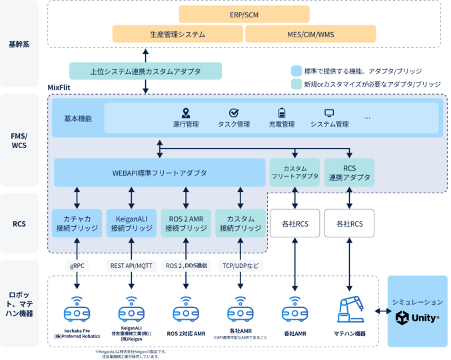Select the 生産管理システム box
click(x=177, y=33)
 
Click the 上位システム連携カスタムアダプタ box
click(x=146, y=71)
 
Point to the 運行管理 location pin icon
click(x=186, y=113)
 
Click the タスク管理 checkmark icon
click(x=234, y=113)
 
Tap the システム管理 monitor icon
click(x=329, y=113)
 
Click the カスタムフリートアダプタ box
click(x=294, y=172)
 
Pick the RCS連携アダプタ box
click(x=349, y=172)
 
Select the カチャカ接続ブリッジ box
click(x=77, y=223)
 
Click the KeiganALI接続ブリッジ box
click(x=131, y=223)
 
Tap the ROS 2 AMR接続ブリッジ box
click(x=186, y=223)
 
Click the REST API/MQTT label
click(x=131, y=265)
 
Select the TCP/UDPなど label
click(x=240, y=265)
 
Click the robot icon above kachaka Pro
click(x=77, y=309)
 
